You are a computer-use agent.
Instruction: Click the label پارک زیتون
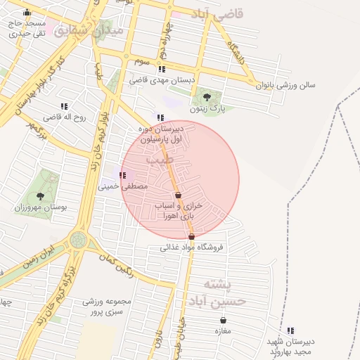click(x=206, y=109)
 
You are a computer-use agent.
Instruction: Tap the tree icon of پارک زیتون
click(x=206, y=97)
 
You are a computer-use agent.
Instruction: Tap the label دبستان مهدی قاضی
click(x=162, y=81)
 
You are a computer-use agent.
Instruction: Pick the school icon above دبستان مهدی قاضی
click(x=162, y=69)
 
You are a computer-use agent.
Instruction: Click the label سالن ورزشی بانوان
click(x=286, y=85)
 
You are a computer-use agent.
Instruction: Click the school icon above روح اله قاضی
click(x=65, y=106)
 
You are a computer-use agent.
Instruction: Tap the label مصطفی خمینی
click(x=124, y=187)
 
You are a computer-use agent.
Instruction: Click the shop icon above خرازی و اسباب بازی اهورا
click(x=178, y=195)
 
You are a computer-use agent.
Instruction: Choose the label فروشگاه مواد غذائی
click(x=191, y=247)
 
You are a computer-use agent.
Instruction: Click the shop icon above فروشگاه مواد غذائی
click(x=191, y=236)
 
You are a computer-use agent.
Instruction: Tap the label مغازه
click(x=224, y=331)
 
